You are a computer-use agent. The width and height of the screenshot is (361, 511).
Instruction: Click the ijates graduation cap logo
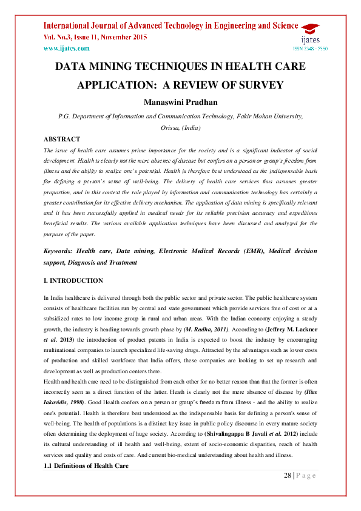coord(310,29)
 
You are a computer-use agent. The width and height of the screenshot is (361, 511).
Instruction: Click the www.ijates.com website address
coord(66,48)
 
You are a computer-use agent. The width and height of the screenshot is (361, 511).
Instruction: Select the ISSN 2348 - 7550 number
coord(311,49)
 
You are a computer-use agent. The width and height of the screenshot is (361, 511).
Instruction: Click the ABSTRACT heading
coord(62,139)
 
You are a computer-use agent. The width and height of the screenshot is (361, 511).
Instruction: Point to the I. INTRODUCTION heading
coord(73,281)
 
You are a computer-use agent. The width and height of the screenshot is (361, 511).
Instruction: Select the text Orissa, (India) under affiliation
coord(180,128)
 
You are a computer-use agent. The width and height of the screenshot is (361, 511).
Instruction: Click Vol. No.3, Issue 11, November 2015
coord(95,37)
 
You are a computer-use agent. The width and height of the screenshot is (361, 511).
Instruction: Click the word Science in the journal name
coord(280,25)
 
